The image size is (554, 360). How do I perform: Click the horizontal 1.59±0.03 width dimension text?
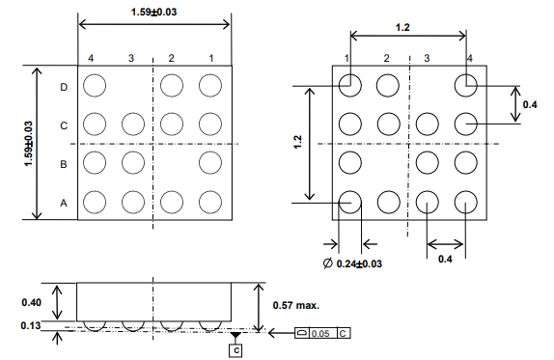click(153, 12)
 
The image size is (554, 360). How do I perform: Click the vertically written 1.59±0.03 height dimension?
click(28, 144)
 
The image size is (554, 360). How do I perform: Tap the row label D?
click(64, 87)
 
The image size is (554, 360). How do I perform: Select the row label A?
click(64, 203)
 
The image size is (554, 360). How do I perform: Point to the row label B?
click(64, 164)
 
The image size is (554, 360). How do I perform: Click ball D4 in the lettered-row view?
click(94, 86)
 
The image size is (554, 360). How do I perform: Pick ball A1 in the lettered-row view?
click(209, 202)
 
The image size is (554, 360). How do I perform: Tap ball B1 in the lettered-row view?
click(209, 163)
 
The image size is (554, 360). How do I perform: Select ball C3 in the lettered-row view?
click(132, 125)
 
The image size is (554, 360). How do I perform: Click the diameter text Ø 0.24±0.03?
click(353, 263)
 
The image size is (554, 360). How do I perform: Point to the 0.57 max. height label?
click(293, 305)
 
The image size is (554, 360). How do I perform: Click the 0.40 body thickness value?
click(31, 303)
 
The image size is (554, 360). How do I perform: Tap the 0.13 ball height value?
click(31, 325)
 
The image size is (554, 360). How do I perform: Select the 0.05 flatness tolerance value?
click(319, 333)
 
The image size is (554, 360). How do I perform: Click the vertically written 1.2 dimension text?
click(298, 142)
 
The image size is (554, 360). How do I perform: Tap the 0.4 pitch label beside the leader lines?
click(529, 104)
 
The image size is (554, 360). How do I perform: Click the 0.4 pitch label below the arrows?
click(445, 260)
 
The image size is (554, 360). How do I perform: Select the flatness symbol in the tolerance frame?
click(302, 333)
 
